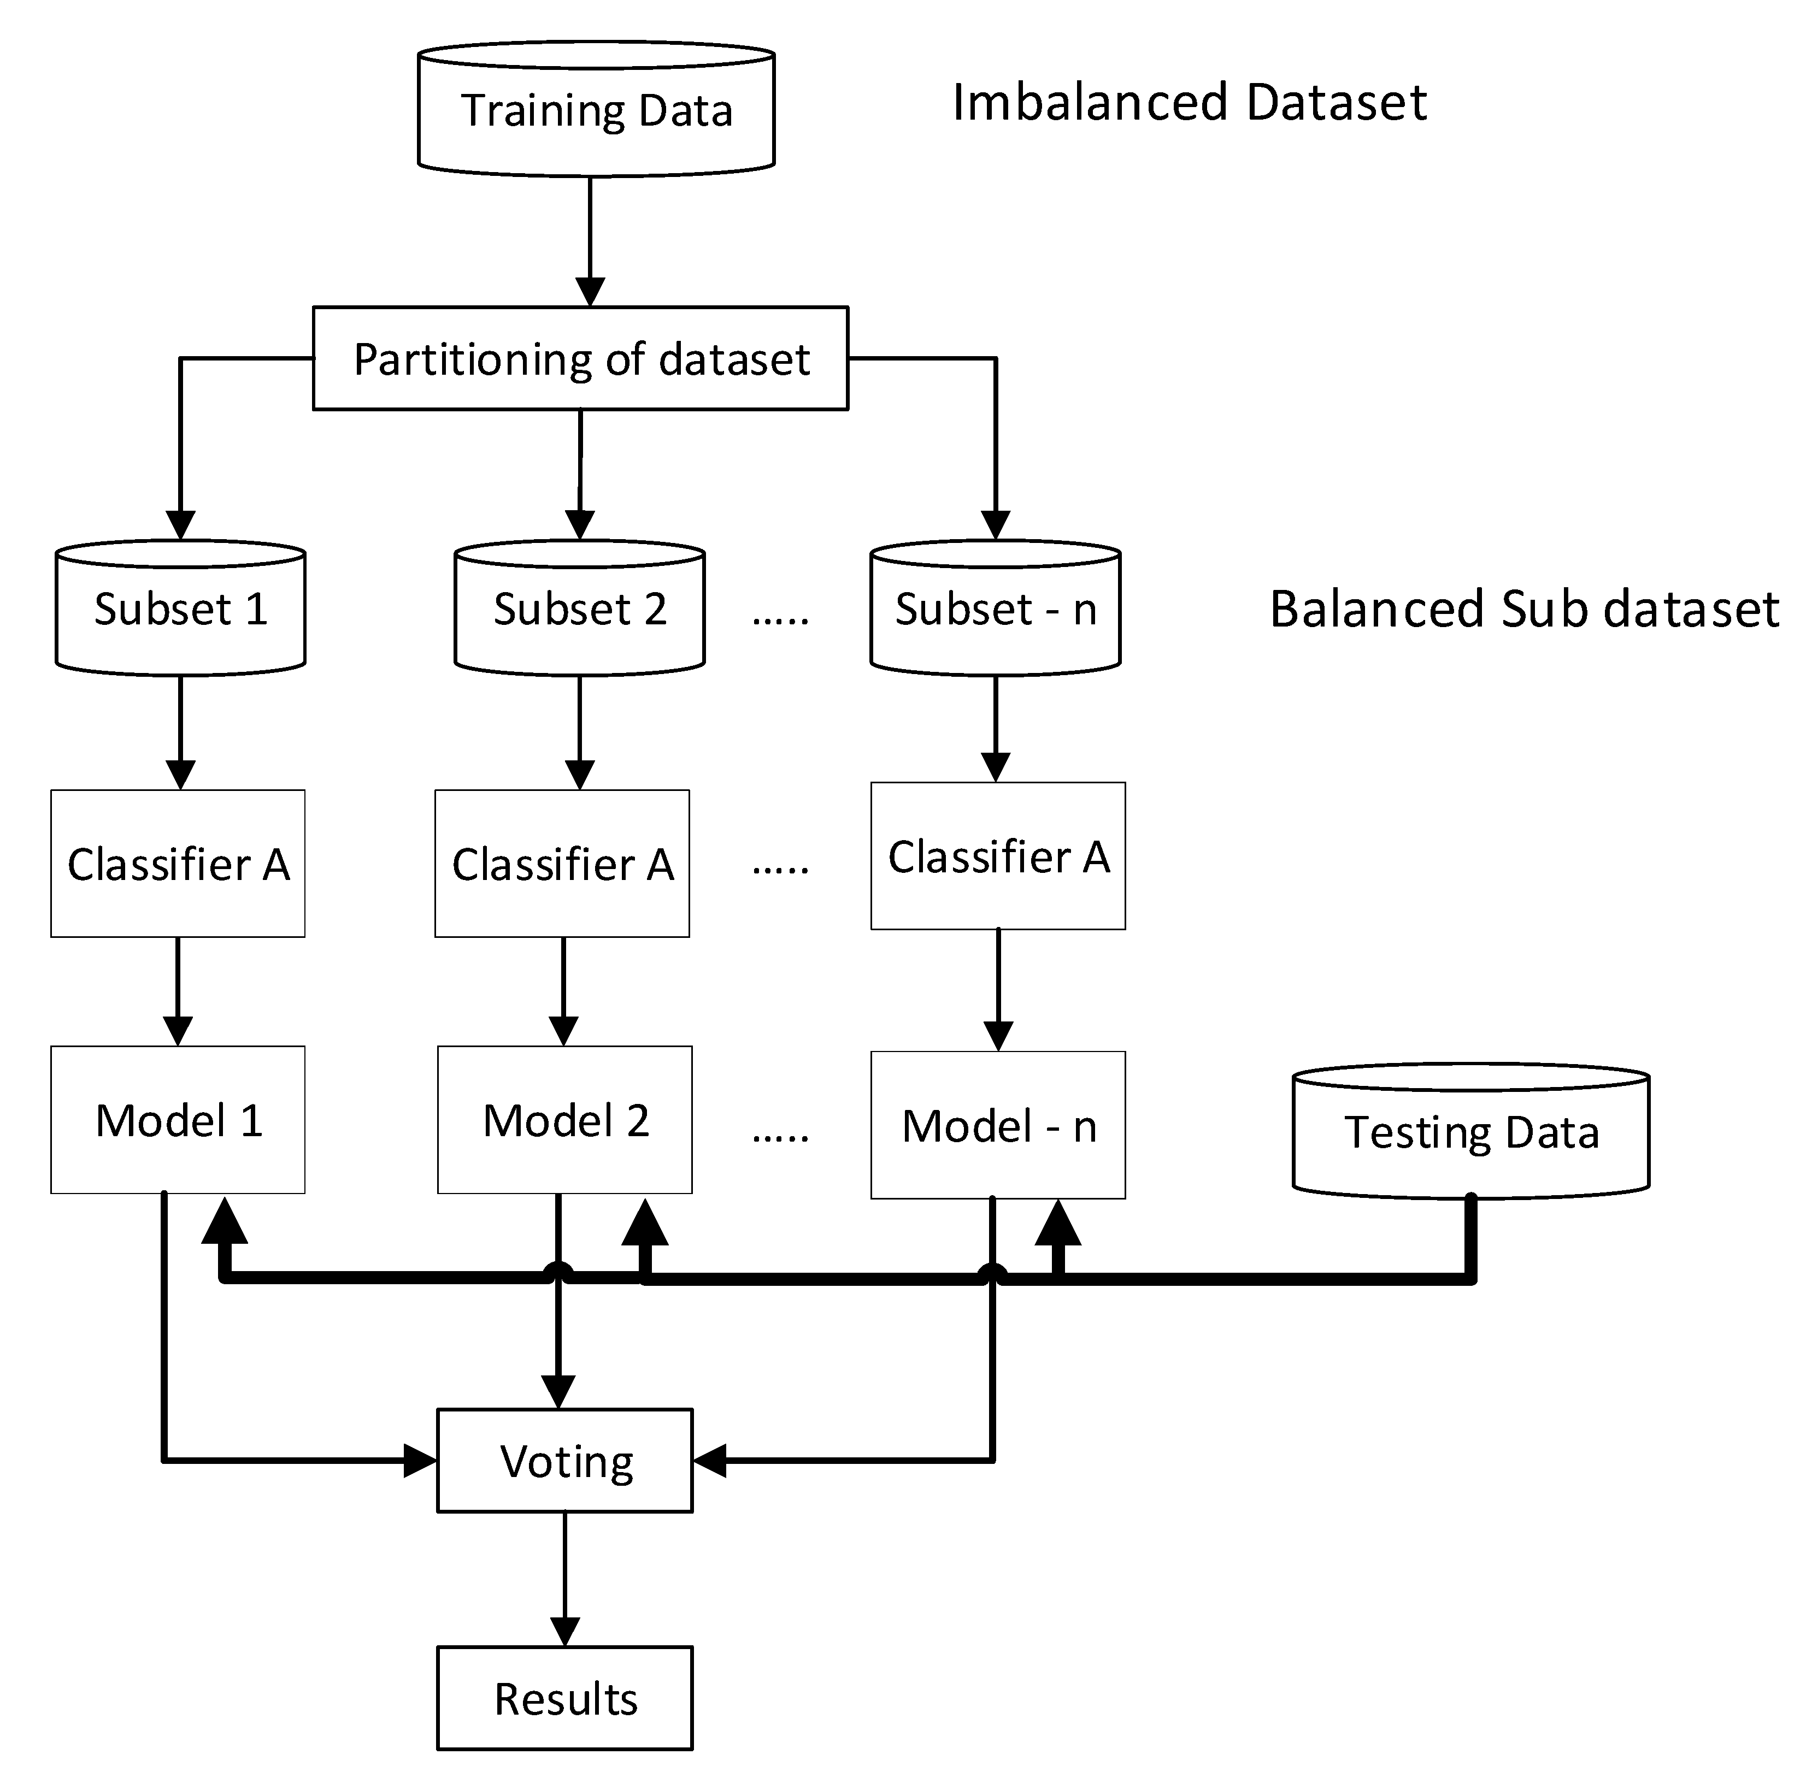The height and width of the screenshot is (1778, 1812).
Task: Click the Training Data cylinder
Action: point(596,110)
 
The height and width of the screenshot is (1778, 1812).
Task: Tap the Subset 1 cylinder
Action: point(180,609)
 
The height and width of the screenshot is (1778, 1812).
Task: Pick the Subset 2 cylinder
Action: point(579,609)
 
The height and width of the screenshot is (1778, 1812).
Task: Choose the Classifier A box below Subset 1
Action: point(178,864)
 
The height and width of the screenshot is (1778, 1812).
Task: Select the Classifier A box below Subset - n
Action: point(998,856)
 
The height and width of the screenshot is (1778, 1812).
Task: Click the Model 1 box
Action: point(178,1120)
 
